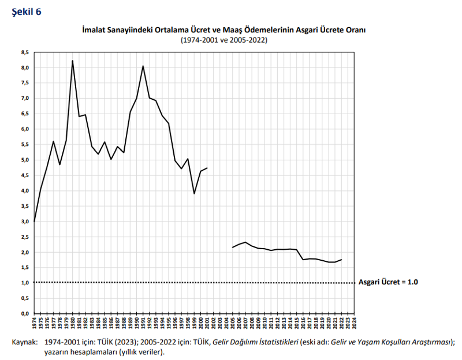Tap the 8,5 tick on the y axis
(25, 52)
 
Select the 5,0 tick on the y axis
(25, 160)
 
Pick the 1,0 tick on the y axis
(25, 283)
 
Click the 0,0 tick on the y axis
(25, 314)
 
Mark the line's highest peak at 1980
(72, 61)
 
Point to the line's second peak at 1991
(143, 66)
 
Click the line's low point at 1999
(194, 193)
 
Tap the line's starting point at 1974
(34, 222)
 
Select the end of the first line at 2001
(207, 168)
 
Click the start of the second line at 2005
(232, 247)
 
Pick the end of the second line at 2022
(341, 260)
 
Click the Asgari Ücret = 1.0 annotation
(388, 282)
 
